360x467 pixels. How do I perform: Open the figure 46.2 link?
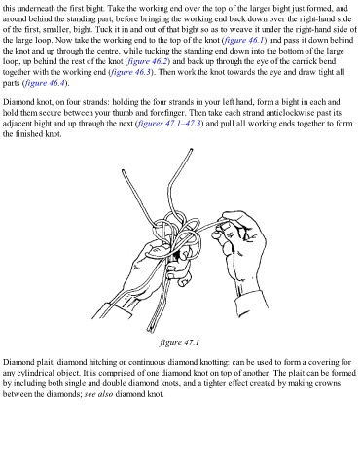[148, 61]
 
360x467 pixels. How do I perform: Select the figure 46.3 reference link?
[131, 72]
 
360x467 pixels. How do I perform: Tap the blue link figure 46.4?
[45, 83]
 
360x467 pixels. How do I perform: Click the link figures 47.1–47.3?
[169, 124]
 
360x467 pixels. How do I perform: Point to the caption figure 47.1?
[179, 342]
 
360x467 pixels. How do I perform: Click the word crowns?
[329, 383]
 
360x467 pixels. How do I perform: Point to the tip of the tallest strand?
[191, 150]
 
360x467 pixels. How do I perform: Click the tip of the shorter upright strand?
[123, 170]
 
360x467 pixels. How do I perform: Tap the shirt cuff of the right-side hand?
[252, 301]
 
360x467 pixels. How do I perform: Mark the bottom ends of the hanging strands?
[150, 330]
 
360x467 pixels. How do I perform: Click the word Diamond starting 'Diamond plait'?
[17, 362]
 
